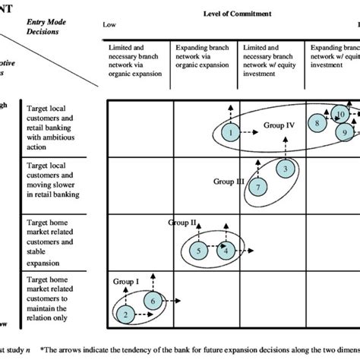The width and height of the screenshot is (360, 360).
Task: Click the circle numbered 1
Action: click(x=229, y=133)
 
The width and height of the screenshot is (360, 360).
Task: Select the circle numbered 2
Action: click(x=126, y=313)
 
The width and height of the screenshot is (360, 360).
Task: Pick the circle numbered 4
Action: click(x=226, y=249)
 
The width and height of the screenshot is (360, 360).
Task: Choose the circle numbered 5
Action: click(x=197, y=249)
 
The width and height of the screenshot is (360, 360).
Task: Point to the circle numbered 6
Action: click(x=153, y=301)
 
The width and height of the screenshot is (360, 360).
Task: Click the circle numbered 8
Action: click(x=317, y=123)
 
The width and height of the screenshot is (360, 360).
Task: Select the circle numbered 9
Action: click(x=345, y=132)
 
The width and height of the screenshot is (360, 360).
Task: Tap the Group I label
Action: click(x=127, y=280)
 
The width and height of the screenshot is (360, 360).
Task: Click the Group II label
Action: click(x=182, y=223)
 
